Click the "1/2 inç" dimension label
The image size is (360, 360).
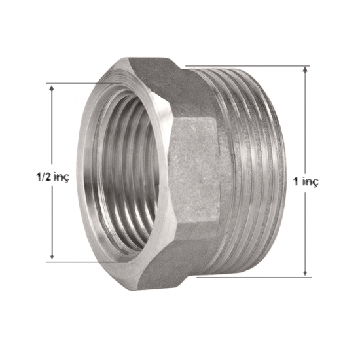52,177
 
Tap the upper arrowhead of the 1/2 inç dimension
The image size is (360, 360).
52,88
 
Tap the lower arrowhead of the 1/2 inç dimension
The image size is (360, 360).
52,256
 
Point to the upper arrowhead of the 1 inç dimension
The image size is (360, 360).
305,70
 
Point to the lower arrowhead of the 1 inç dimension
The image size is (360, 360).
305,272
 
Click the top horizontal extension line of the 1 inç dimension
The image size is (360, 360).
248,66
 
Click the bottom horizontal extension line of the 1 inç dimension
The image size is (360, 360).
254,277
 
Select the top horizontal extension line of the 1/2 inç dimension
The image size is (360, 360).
86,83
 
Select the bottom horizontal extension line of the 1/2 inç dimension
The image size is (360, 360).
87,262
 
